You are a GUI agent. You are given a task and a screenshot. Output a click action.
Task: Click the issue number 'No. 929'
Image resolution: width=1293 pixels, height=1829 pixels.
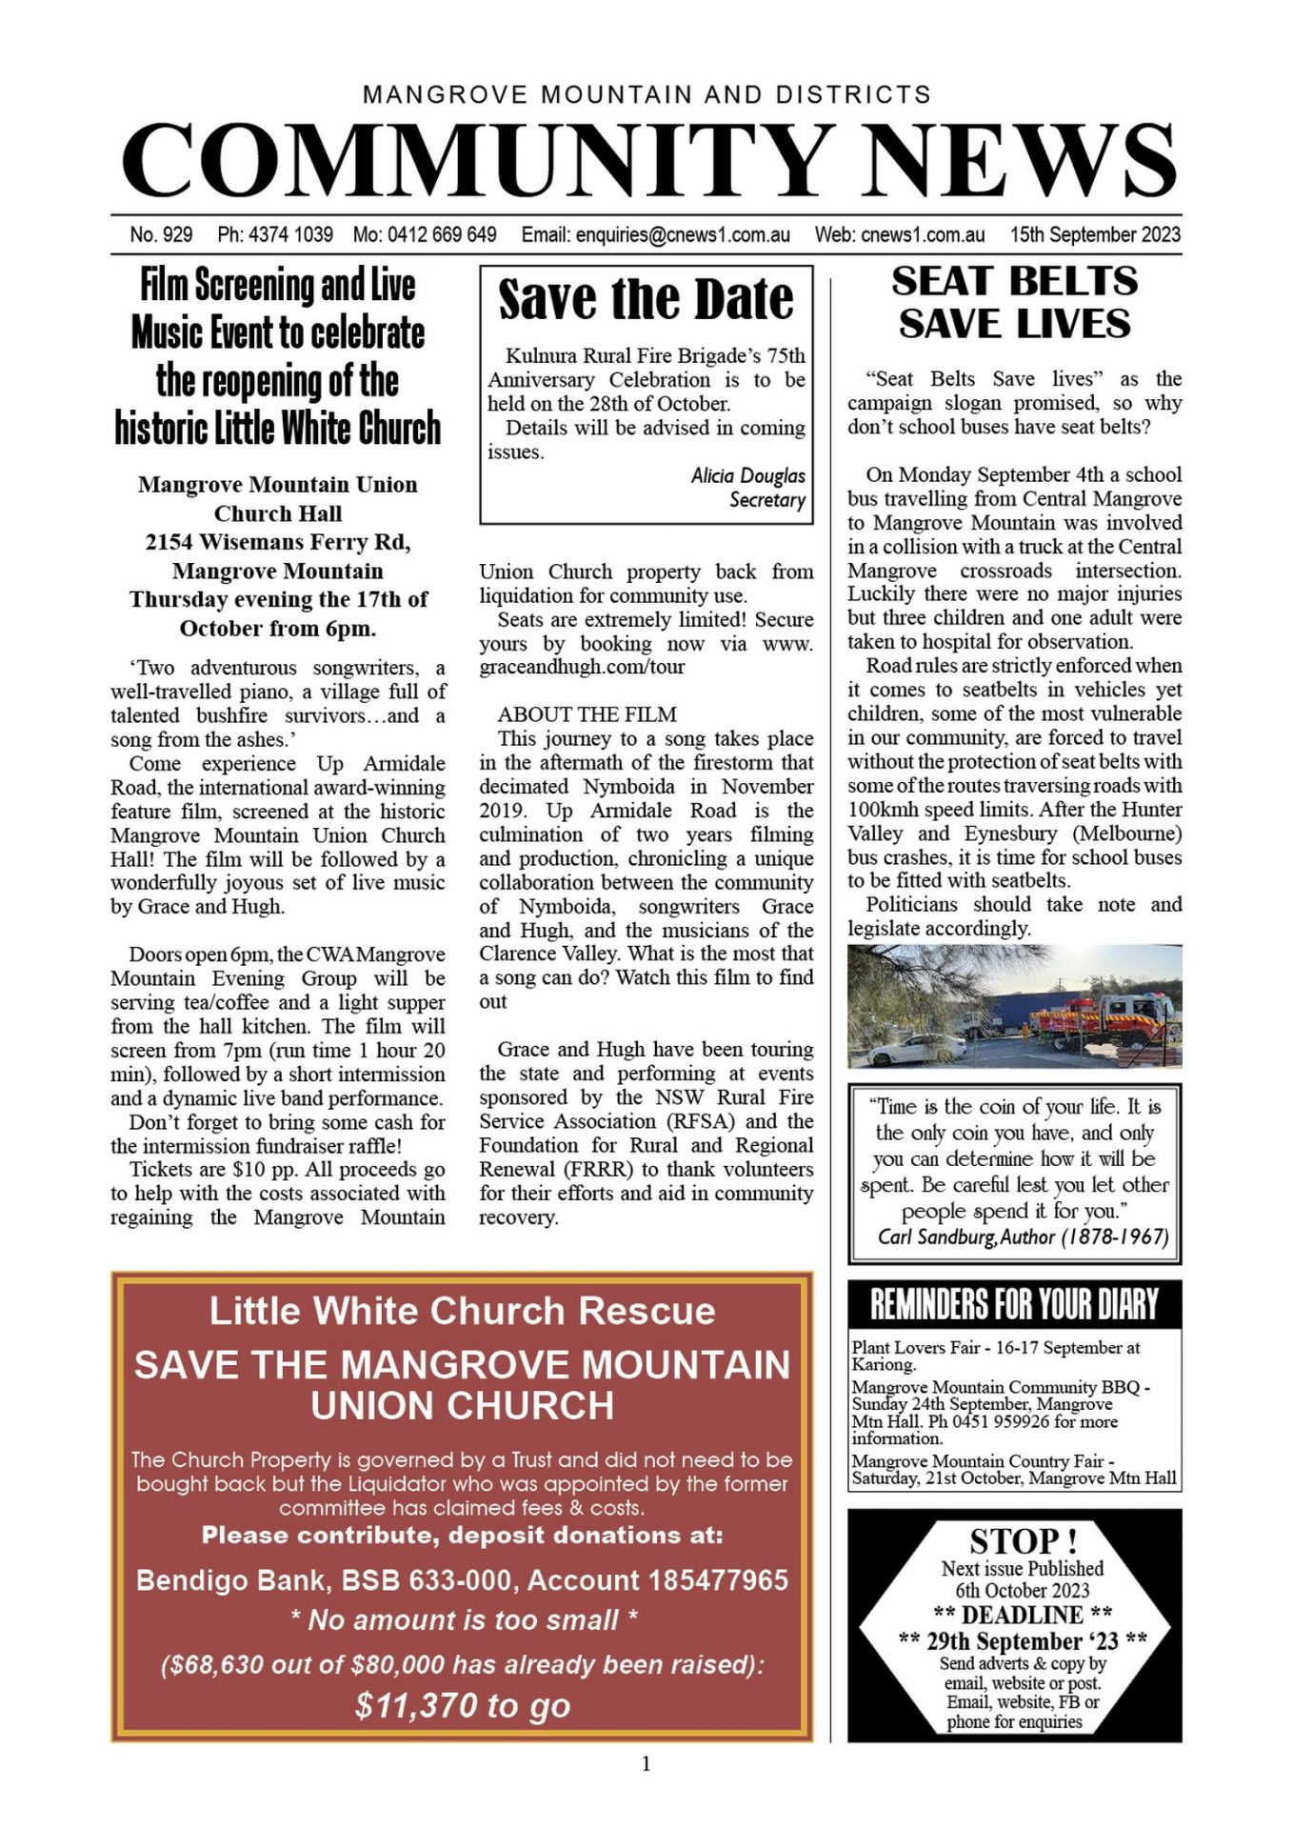[161, 234]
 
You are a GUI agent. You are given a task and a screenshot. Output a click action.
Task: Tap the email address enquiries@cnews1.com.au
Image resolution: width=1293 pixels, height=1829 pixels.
[683, 234]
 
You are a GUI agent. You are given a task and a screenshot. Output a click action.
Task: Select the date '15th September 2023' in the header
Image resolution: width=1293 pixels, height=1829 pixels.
[1095, 234]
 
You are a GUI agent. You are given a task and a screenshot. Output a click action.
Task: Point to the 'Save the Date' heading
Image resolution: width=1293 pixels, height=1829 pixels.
[646, 299]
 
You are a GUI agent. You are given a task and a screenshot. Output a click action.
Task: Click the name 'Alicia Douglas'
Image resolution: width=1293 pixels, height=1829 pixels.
[747, 475]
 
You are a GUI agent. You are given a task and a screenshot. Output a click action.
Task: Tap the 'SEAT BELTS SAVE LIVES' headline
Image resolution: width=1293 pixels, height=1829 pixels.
[1014, 302]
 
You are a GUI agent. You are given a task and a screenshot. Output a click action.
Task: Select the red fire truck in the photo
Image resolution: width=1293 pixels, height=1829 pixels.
[1104, 1020]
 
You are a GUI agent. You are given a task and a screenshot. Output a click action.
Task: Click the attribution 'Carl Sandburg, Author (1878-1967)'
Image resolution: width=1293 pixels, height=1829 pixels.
[1023, 1236]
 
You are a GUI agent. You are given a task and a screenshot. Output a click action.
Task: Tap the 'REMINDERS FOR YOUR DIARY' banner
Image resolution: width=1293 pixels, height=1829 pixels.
[1014, 1304]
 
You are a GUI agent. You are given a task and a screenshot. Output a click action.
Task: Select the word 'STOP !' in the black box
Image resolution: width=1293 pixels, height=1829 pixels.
[1023, 1540]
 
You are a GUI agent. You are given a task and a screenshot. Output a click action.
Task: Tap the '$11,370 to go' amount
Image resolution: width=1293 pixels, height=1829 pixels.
[463, 1704]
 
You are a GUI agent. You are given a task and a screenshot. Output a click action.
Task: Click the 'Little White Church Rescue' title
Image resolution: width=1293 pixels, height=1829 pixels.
[462, 1311]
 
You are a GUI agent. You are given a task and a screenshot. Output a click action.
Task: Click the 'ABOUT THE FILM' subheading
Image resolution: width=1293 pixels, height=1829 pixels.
[587, 714]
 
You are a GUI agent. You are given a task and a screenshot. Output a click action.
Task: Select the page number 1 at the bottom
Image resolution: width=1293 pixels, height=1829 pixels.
[646, 1764]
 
